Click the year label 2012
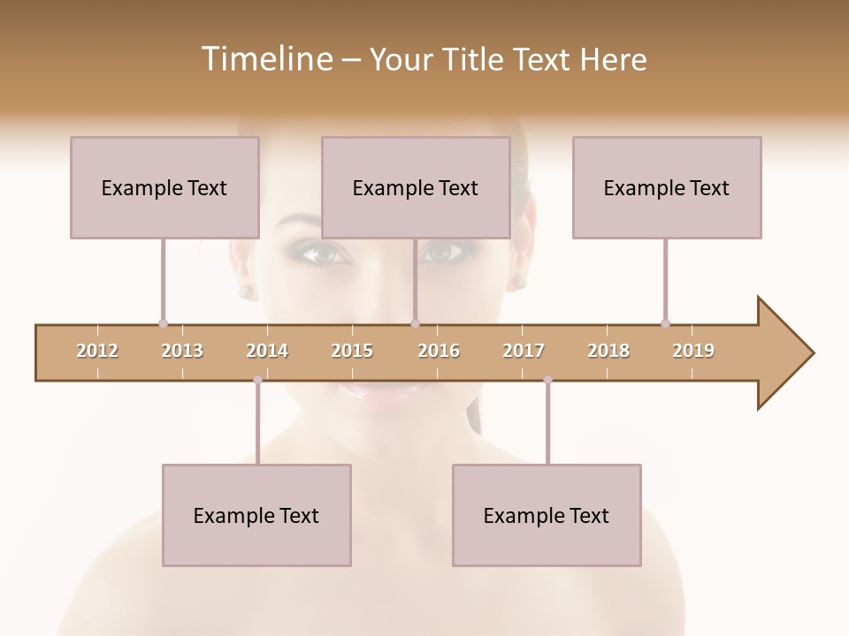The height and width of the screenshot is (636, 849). tap(97, 351)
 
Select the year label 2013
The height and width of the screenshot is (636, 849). tap(182, 351)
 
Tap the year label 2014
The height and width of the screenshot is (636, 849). tap(267, 351)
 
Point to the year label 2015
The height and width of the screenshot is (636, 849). tap(352, 351)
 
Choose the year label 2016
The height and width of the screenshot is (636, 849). tap(439, 351)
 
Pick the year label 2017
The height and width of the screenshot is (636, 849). tap(524, 351)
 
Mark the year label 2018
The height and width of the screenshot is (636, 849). tap(608, 351)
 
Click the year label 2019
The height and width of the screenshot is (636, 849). tap(693, 351)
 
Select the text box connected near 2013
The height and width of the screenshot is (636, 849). tap(164, 187)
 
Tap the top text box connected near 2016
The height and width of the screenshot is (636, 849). tap(416, 187)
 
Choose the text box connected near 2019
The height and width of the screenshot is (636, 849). tap(667, 187)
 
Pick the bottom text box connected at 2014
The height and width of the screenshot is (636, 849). tap(256, 515)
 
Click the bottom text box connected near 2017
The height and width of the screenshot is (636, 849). tap(547, 515)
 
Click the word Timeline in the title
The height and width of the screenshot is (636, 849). tap(265, 59)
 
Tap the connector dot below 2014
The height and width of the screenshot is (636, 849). tap(257, 380)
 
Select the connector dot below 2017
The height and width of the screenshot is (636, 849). tap(547, 380)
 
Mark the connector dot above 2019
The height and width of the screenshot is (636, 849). tap(665, 323)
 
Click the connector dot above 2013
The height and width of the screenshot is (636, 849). tap(163, 323)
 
